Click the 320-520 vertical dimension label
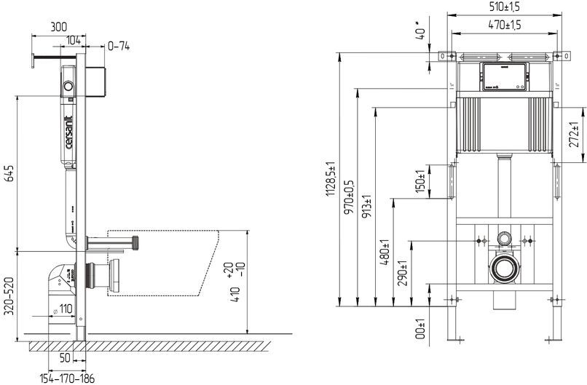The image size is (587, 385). [9, 295]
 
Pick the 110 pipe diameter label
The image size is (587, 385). [64, 309]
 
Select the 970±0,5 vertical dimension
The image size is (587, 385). [349, 197]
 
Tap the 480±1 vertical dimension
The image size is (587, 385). [384, 251]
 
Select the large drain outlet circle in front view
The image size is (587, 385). [504, 269]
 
